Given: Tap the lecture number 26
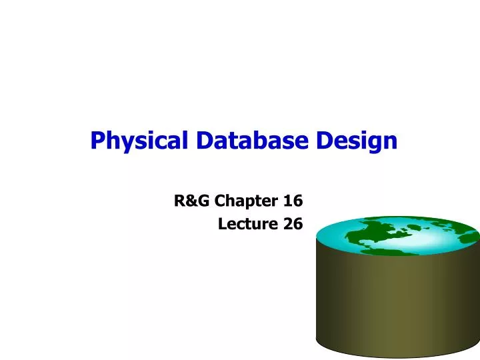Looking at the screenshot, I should (x=293, y=225).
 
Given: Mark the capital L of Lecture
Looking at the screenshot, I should (x=222, y=225).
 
